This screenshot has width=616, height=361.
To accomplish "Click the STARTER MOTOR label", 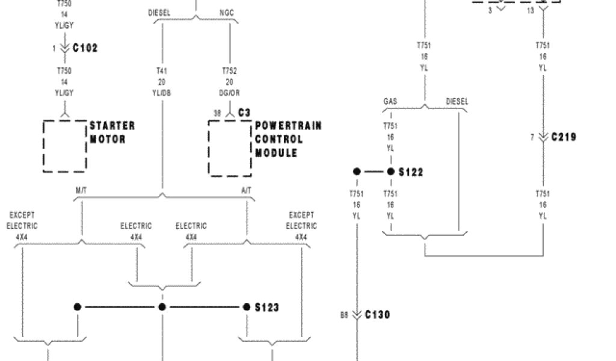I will pos(112,132).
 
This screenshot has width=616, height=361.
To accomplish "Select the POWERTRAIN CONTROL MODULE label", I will pos(288,139).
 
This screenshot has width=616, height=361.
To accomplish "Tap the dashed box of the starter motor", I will pos(64,146).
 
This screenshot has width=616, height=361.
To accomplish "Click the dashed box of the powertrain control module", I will pos(230,148).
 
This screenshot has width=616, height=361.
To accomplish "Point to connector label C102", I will pos(85,48).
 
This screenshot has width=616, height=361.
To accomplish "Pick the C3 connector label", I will pos(244,113).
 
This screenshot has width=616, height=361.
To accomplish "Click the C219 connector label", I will pos(564,137).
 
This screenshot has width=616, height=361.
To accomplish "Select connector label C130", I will pos(378,315).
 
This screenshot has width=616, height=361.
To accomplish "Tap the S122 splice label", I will pos(411,173).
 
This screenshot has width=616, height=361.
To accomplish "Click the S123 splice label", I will pos(266,307).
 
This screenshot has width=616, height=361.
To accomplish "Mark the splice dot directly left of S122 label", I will pos(390,172).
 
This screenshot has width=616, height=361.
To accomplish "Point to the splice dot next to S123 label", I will pos(247,307).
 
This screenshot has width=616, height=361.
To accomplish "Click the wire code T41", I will pos(162,71).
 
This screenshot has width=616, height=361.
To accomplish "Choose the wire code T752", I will pos(229,71).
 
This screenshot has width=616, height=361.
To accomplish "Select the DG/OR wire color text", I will pos(229,93).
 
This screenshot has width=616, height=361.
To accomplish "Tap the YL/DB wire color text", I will pos(162,93).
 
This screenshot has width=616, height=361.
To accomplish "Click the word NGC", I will pos(227,12).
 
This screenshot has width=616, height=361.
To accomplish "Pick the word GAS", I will pos(390,102).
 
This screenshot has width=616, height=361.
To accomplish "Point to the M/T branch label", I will pos(81,190).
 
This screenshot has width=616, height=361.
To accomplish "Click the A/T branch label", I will pos(246,190).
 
